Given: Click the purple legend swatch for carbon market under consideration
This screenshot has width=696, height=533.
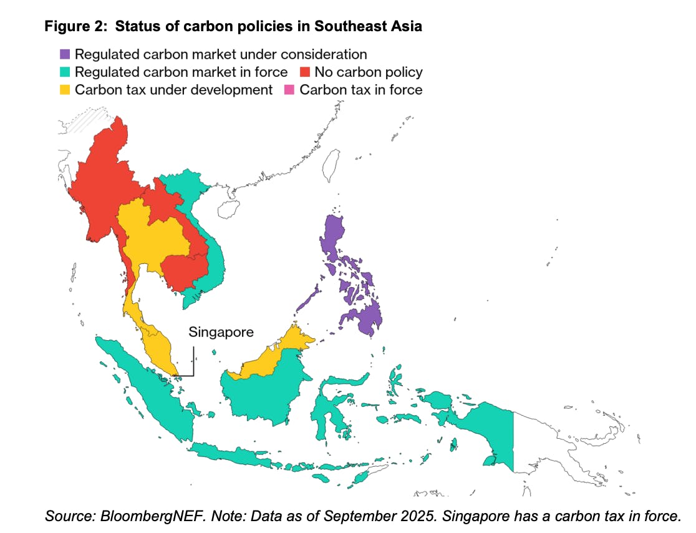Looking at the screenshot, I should click(65, 54).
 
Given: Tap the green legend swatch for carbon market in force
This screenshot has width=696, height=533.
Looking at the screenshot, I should click(65, 72).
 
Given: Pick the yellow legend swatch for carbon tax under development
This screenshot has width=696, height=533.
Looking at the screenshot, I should click(65, 89).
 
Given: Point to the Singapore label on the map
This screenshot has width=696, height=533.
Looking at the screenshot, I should click(221, 331).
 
